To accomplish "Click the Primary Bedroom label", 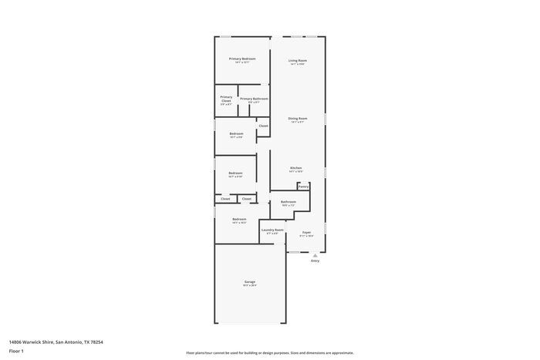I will [241, 59].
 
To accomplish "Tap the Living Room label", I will [298, 60].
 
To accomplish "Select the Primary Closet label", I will [226, 99].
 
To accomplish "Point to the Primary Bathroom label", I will [254, 99].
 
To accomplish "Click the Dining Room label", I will [298, 119].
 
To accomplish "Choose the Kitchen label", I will [296, 167].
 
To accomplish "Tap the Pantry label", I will [303, 186].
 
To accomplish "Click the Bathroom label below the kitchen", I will [289, 202].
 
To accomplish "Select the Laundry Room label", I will [272, 230].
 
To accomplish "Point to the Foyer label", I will [306, 232].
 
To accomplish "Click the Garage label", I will [250, 281].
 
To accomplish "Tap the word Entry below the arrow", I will [315, 261].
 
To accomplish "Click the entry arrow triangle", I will [315, 255].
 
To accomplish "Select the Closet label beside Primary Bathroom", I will [263, 126].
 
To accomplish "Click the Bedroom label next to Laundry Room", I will [239, 219].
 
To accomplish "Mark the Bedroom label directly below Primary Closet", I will [236, 133].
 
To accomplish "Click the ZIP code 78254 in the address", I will [96, 341].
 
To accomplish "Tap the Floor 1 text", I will [16, 351].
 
